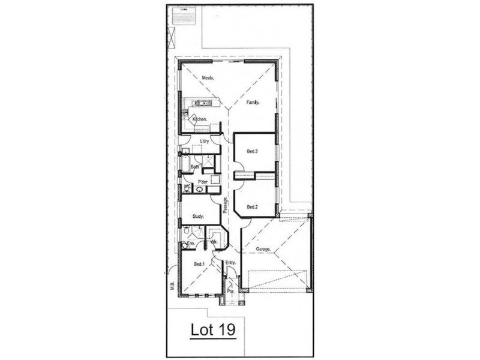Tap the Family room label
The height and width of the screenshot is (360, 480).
coord(252,103)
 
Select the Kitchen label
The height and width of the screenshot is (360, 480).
coord(200,120)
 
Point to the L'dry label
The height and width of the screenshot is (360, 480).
coord(203,142)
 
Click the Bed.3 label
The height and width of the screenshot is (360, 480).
coord(252,152)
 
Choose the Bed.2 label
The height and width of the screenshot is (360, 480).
coord(252,207)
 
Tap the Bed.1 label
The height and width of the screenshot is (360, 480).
coord(200,264)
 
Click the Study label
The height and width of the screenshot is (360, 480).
coord(198,217)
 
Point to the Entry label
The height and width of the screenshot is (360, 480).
coord(231,263)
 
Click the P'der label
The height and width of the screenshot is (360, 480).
coord(203,181)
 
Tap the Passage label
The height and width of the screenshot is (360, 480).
coord(226,206)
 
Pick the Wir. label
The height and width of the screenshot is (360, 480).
coord(213,242)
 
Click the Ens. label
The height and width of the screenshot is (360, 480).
coord(191,244)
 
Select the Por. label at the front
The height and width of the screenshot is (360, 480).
coord(230,292)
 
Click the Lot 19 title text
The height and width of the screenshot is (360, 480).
coord(212,329)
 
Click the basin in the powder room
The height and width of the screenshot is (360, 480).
coord(199,189)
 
